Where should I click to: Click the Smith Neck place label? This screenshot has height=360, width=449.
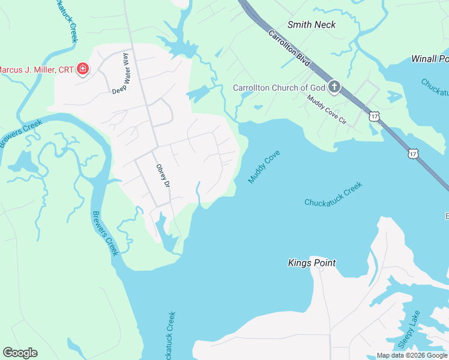click(312, 25)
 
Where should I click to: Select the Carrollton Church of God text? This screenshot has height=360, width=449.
click(279, 88)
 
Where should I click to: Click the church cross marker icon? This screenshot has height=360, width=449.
click(334, 88)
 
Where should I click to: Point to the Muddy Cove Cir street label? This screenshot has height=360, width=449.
click(327, 109)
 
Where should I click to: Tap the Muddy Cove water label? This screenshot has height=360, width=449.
click(264, 167)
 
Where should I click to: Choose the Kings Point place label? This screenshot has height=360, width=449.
click(312, 263)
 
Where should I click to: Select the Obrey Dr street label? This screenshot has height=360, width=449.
click(163, 176)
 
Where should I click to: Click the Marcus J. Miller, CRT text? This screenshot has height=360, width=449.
click(35, 70)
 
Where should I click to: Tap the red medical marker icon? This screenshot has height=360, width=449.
click(83, 70)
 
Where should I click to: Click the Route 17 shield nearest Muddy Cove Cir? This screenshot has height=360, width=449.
click(375, 116)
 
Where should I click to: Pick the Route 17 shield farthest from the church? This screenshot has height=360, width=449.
click(413, 154)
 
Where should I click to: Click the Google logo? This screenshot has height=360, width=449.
click(20, 353)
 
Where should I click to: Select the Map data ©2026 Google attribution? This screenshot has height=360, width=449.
click(412, 355)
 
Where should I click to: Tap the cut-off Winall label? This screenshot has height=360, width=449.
click(430, 59)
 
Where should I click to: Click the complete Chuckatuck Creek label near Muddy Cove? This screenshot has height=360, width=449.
click(334, 194)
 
